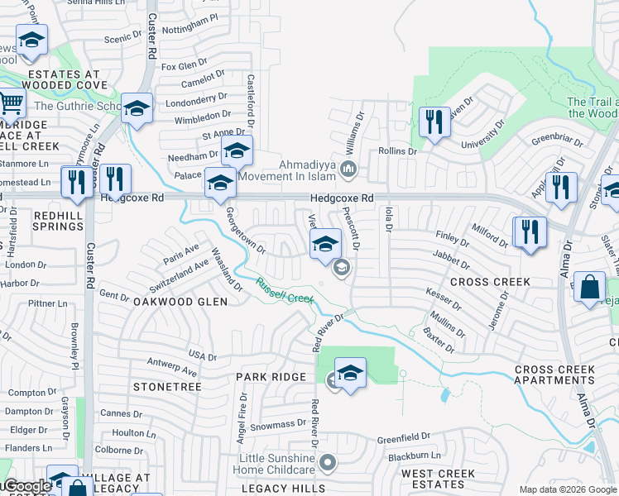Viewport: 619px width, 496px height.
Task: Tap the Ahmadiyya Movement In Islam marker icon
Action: pos(348,170)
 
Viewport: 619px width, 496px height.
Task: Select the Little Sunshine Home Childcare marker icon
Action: pos(329,463)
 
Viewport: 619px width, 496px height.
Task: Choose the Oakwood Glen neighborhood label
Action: pos(180,302)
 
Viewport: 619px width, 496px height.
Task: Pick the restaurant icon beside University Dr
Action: pos(432,122)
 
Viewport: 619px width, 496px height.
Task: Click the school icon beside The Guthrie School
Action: pos(137,108)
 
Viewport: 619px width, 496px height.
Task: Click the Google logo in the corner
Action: pos(26,486)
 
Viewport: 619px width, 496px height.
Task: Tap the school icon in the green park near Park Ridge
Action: pos(351,374)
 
